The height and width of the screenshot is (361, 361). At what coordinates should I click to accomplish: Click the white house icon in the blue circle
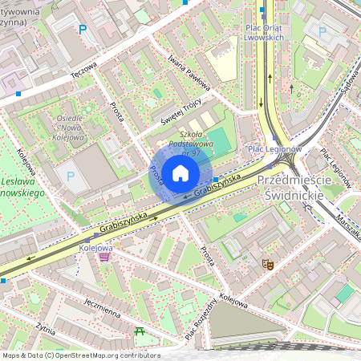[x=180, y=173]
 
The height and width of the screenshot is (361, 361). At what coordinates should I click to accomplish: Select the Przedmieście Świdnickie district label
[x=291, y=189]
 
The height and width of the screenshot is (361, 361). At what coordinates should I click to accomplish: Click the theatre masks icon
[x=267, y=263]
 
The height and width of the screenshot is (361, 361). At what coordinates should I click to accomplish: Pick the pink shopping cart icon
[x=104, y=258]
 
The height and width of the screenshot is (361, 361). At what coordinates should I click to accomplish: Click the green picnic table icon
[x=140, y=331]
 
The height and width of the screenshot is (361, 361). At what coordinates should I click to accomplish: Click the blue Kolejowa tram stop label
[x=95, y=248]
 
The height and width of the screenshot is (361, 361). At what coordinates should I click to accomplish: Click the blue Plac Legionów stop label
[x=274, y=149]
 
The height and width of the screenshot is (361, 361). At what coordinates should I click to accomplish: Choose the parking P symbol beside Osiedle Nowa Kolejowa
[x=71, y=176]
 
